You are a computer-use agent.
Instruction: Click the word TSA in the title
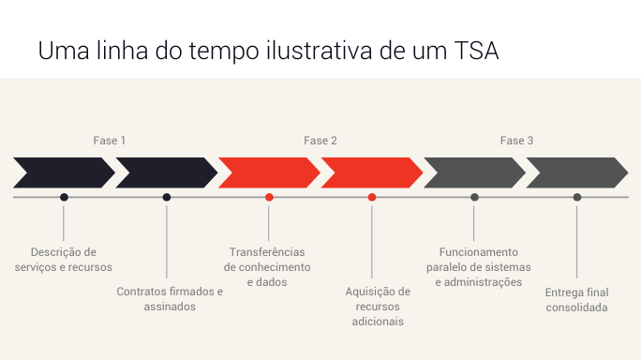474,51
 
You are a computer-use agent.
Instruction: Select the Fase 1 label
109,141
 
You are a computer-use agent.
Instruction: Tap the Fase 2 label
320,141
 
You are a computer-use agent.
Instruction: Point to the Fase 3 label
516,141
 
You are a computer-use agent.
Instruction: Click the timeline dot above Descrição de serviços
64,197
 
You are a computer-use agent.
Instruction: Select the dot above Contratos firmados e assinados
167,197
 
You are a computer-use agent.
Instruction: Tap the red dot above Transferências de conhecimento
269,197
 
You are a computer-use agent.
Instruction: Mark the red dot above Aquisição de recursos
372,197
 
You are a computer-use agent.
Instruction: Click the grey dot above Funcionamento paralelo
474,197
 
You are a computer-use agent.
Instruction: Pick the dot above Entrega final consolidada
577,197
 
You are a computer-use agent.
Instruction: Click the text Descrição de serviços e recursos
64,259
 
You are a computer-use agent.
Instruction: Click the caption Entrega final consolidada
577,299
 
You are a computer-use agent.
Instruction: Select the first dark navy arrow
62,172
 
